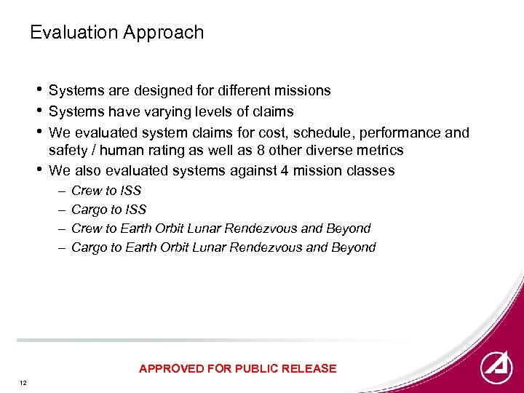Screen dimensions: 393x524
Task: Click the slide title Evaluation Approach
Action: [116, 33]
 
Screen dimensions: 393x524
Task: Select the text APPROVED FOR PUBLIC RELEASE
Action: [237, 369]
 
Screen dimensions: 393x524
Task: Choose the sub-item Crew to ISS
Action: [106, 191]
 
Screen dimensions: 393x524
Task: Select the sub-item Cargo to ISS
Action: [109, 210]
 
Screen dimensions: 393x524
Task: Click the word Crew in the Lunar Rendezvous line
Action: [87, 229]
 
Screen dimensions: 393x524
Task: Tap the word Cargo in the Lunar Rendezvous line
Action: [90, 247]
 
